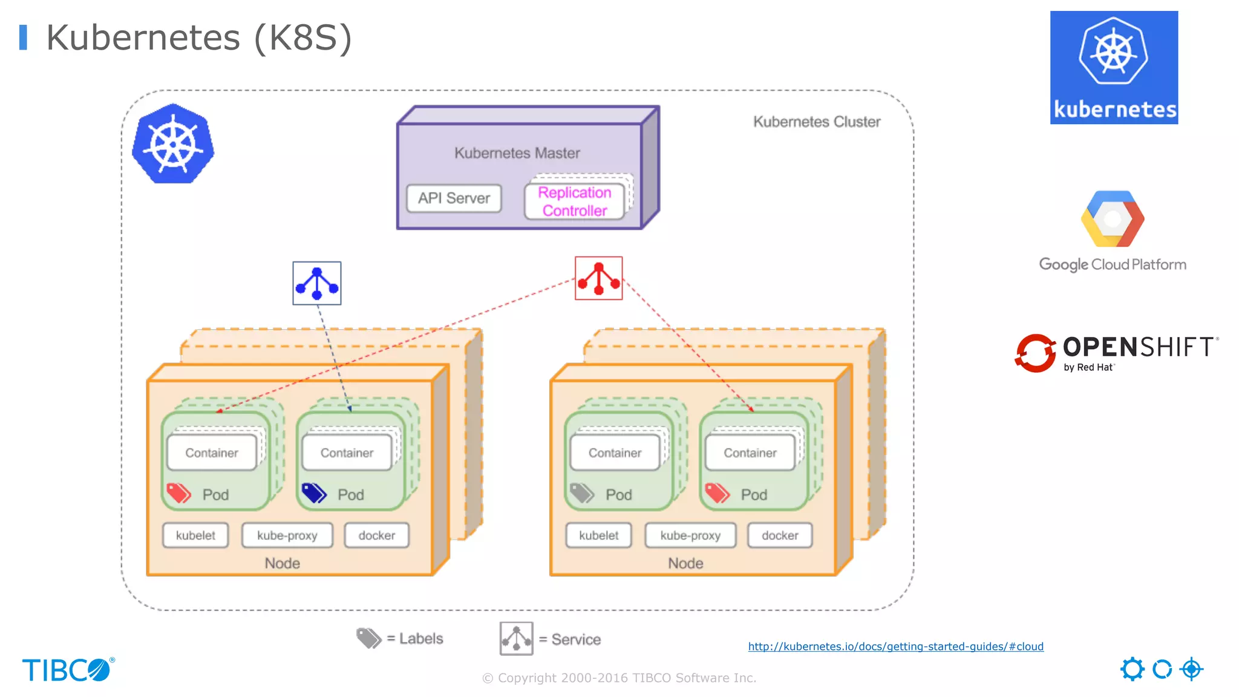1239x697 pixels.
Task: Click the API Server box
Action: coord(454,198)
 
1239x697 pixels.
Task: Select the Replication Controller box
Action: coord(574,201)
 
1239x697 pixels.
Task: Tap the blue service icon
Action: coord(317,283)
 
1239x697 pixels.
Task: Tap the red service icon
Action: coord(598,278)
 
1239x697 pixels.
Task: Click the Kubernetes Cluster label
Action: coord(816,122)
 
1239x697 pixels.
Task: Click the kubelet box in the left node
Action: coord(195,535)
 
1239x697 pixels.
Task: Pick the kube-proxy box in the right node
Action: coord(690,535)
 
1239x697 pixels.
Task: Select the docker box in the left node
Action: coord(376,535)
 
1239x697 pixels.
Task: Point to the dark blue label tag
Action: coord(314,493)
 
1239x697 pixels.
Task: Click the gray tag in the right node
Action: coord(582,493)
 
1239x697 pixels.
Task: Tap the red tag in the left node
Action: coord(178,493)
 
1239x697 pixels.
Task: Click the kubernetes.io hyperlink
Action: coord(895,646)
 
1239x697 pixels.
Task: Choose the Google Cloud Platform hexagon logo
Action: coord(1112,219)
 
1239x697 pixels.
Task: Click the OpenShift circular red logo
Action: coord(1035,353)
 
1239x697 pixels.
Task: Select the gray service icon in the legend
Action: coord(516,638)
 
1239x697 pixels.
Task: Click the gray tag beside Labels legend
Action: coord(368,638)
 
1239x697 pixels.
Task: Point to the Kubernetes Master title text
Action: coord(517,153)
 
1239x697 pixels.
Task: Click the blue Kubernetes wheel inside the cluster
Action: coord(174,144)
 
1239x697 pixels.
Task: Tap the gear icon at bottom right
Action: coord(1132,669)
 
